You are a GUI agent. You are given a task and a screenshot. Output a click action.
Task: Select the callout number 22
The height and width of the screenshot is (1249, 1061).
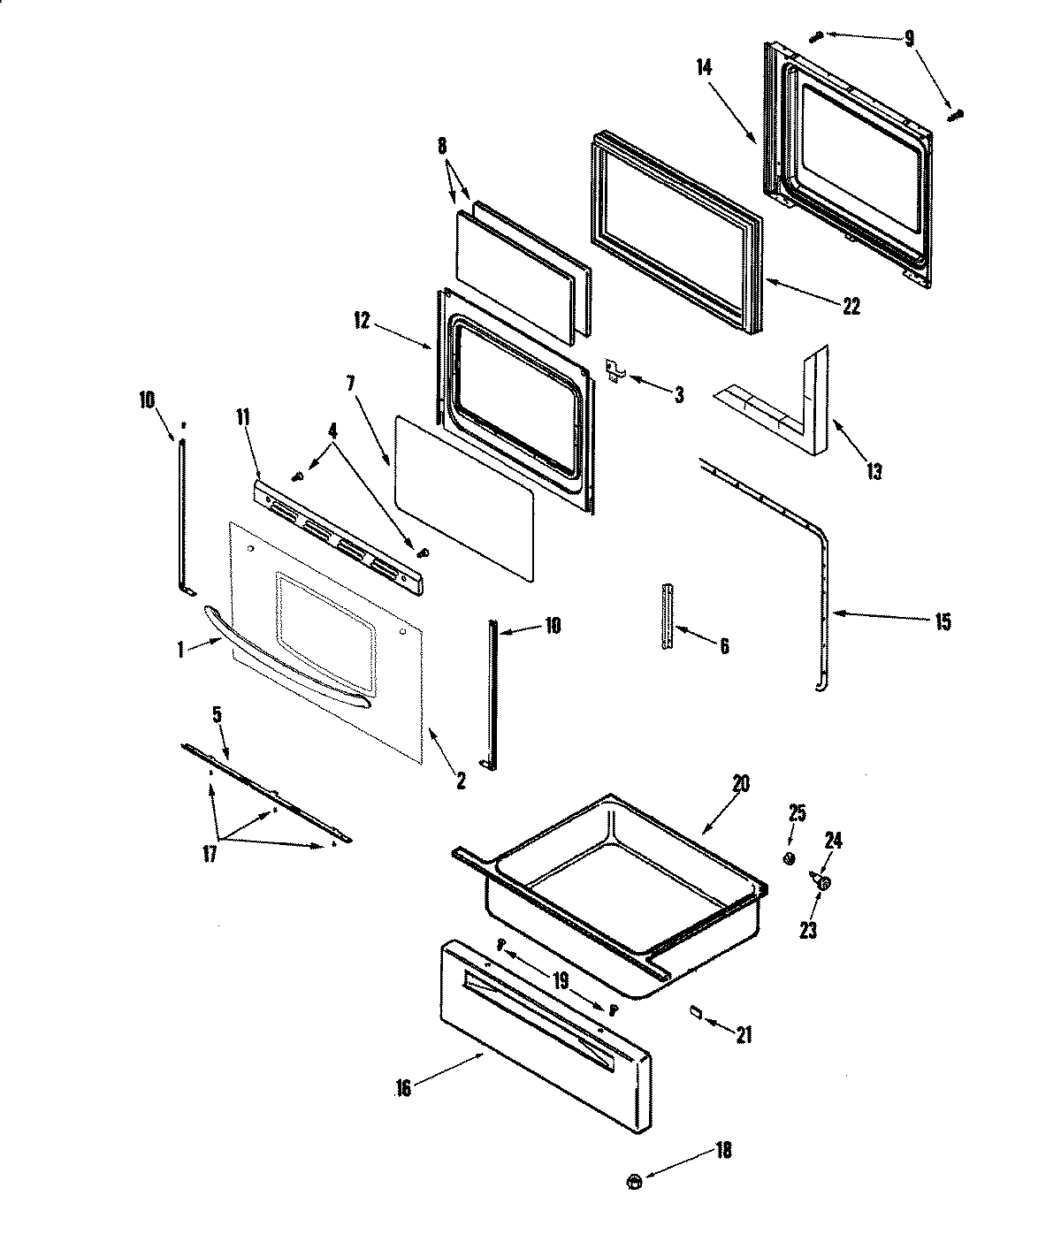[x=851, y=306]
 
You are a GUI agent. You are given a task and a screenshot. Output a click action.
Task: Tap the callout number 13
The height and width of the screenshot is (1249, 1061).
[x=874, y=471]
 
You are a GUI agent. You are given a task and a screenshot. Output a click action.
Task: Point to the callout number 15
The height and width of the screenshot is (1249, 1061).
[x=942, y=622]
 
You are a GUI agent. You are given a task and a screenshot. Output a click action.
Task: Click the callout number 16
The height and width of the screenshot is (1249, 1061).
[x=403, y=1089]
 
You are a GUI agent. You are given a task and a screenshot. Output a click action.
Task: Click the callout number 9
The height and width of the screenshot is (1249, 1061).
[x=910, y=39]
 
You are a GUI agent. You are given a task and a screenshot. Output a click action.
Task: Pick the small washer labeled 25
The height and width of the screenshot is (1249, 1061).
[x=790, y=857]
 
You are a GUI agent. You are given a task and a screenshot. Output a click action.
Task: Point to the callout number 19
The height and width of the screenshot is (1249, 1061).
[x=560, y=979]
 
